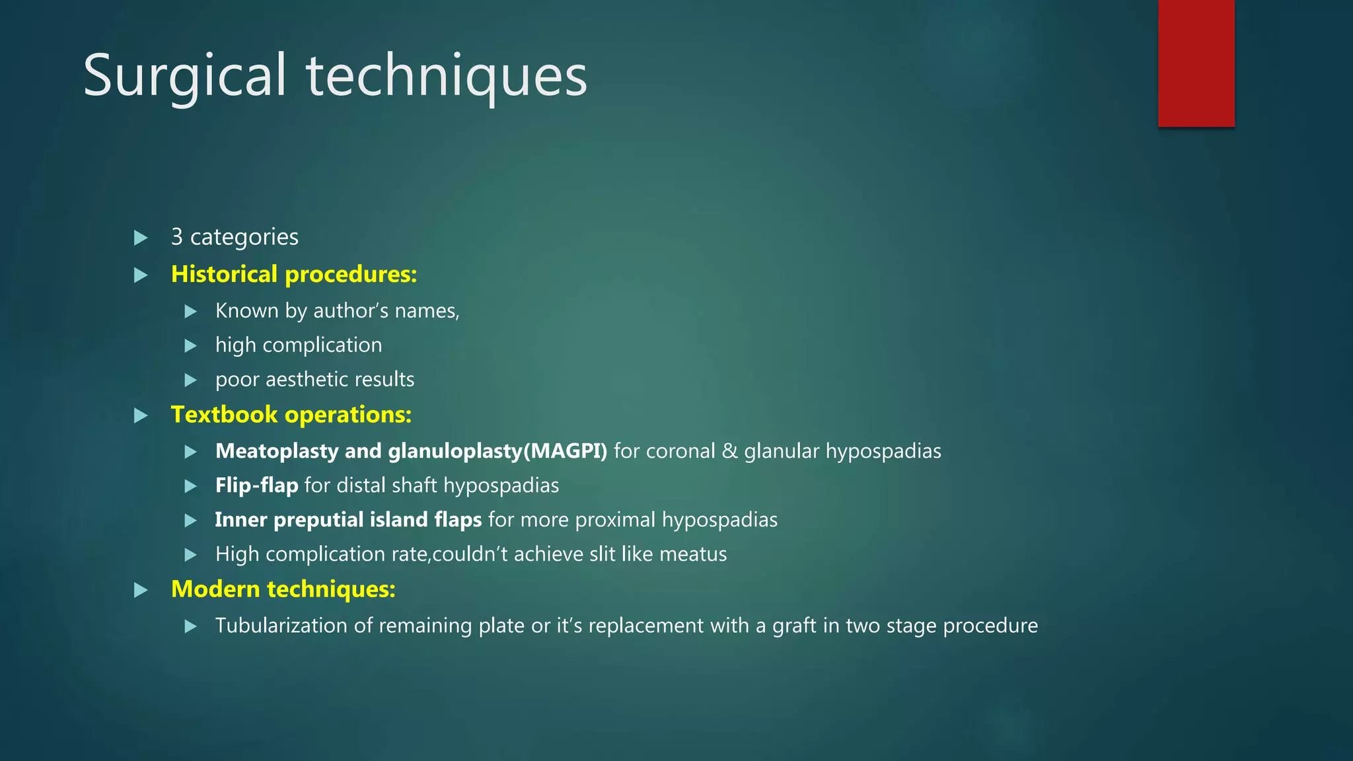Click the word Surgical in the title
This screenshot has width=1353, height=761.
[x=185, y=77]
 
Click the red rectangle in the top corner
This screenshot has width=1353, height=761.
[x=1196, y=63]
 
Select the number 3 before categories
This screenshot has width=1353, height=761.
[x=176, y=236]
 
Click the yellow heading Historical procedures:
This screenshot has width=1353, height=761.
[x=294, y=274]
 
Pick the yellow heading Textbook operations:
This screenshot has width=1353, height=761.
[x=291, y=414]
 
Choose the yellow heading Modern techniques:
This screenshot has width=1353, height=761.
[x=283, y=589]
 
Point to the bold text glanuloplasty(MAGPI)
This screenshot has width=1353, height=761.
[x=497, y=451]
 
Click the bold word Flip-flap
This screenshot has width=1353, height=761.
[x=257, y=485]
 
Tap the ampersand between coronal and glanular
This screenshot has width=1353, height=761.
[x=729, y=451]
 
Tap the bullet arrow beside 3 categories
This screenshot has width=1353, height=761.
[x=141, y=237]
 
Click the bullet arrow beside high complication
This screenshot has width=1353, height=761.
[x=191, y=345]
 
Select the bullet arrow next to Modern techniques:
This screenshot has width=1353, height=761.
[x=141, y=590]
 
